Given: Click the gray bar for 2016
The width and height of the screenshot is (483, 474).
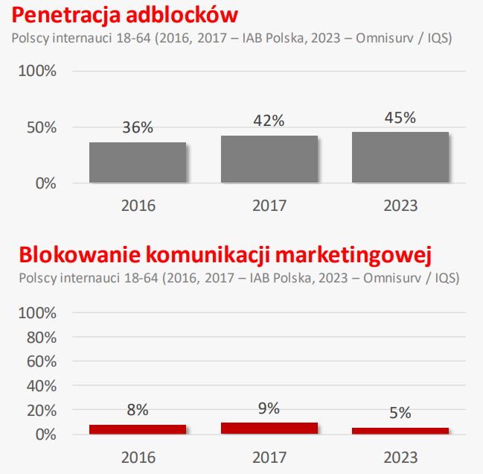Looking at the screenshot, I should [x=138, y=162].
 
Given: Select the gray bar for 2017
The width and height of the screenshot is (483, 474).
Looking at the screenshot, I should [x=269, y=159].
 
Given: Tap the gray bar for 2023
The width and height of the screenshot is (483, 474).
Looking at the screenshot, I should [x=400, y=157].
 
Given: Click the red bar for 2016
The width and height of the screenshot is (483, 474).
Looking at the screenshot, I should [x=138, y=429].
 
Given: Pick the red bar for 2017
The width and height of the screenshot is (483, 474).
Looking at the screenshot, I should [x=269, y=429].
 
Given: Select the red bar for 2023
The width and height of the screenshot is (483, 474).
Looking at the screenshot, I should [x=400, y=431].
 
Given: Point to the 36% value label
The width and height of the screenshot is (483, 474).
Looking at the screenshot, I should [x=138, y=127].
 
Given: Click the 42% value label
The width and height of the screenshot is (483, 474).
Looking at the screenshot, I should [x=269, y=121].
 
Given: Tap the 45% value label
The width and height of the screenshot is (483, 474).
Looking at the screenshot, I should [x=400, y=117].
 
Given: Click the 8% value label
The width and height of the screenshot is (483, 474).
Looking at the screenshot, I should [x=138, y=409].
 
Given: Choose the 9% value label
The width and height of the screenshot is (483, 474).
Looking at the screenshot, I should [x=269, y=408].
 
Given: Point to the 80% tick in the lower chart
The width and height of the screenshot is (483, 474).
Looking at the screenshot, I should [x=38, y=336].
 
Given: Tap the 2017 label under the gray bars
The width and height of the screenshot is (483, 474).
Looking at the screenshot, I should [x=269, y=205].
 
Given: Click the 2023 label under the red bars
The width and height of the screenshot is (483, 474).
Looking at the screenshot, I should [x=400, y=457].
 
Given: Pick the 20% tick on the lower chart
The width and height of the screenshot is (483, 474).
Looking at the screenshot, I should [x=38, y=410].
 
